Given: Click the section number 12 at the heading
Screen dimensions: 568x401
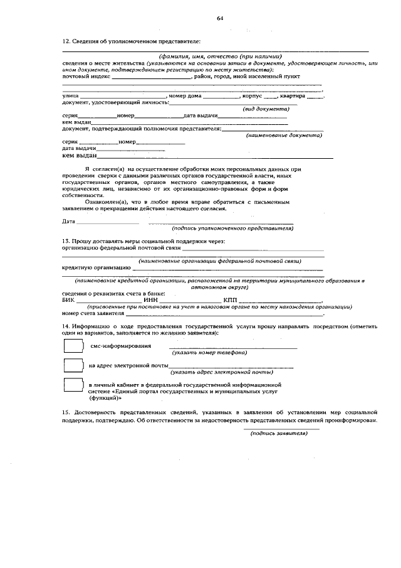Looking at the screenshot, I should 66,40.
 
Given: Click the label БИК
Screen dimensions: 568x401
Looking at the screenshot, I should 69,300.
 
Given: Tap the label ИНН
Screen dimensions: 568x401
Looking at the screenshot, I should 151,300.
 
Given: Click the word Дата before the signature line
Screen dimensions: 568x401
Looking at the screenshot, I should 69,222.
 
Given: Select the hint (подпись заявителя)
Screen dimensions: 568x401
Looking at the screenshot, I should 279,433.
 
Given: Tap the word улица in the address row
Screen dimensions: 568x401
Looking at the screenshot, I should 70,96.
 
